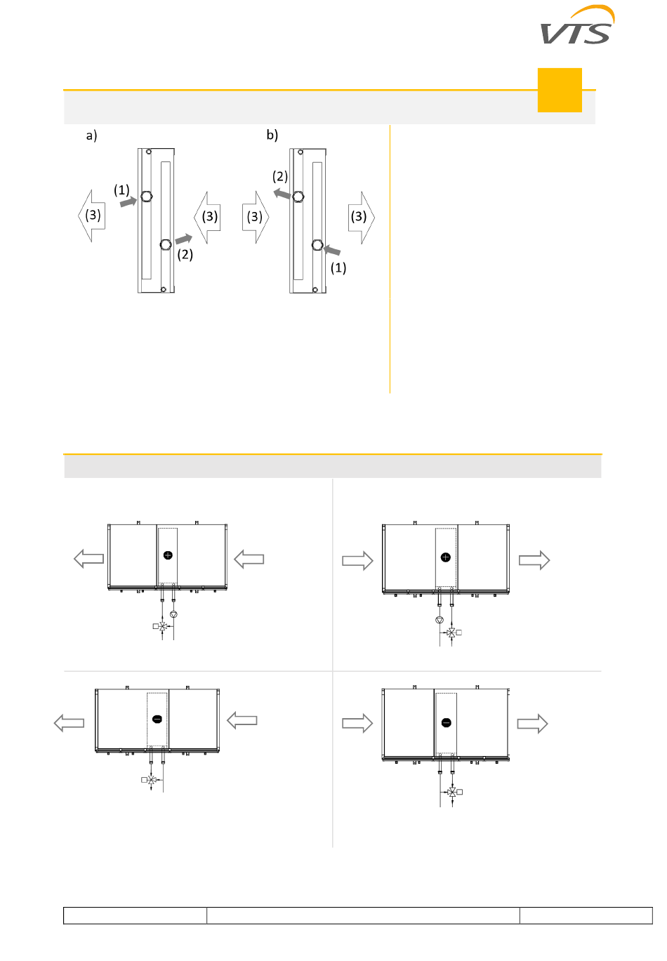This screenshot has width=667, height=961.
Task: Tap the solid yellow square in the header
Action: (560, 90)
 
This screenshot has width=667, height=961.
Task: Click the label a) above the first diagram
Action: (91, 135)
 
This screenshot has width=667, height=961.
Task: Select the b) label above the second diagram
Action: (272, 135)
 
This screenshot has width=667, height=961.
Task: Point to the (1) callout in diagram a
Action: (121, 190)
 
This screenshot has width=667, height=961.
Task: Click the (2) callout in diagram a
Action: (185, 254)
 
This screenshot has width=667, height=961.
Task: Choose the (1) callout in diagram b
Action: (338, 267)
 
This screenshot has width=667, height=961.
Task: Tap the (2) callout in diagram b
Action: (280, 176)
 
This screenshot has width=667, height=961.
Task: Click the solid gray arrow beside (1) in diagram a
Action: (128, 201)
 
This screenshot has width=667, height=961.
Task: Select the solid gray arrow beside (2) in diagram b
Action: (282, 194)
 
